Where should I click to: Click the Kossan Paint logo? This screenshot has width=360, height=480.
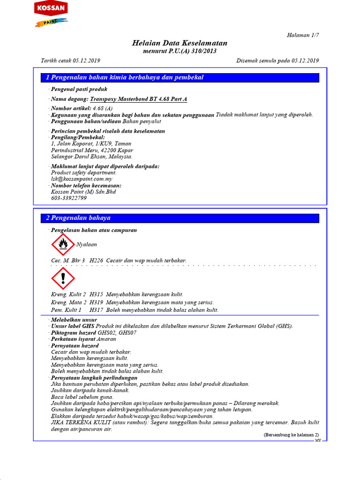[x=51, y=14]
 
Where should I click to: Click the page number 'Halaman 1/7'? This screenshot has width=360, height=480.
[x=302, y=35]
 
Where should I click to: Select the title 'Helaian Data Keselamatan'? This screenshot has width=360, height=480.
[x=180, y=43]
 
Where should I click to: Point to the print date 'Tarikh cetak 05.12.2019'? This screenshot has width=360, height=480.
[x=71, y=60]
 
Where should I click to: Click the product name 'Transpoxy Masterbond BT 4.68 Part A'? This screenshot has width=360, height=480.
[x=138, y=99]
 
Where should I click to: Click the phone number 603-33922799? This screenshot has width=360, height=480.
[x=69, y=198]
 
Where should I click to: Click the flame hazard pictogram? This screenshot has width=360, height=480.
[x=62, y=244]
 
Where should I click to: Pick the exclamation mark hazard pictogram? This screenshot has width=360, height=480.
[x=62, y=278]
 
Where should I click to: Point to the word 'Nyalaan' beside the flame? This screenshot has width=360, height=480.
[x=87, y=245]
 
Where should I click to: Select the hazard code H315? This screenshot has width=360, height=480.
[x=96, y=294]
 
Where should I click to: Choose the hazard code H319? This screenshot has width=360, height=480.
[x=96, y=302]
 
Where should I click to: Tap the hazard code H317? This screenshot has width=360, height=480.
[x=96, y=310]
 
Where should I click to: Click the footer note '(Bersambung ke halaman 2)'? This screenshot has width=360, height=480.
[x=291, y=435]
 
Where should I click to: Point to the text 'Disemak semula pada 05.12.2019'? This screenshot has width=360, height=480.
[x=277, y=60]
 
